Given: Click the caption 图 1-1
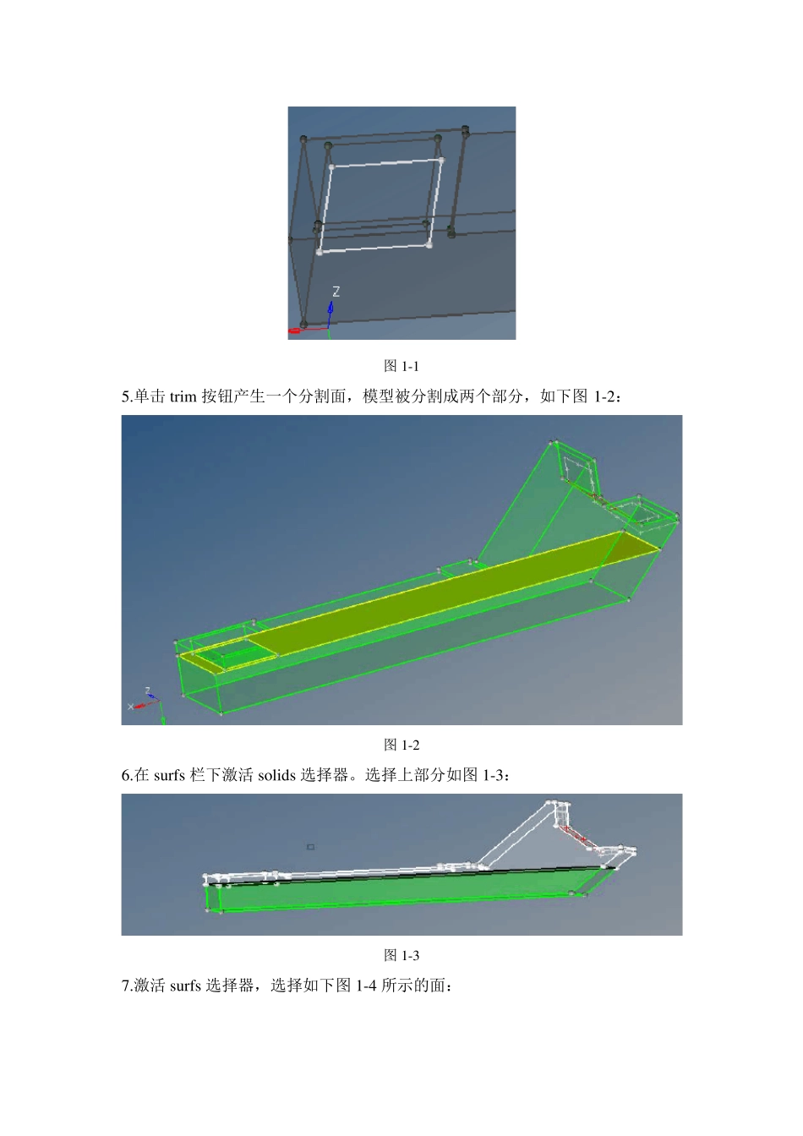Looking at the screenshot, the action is (401, 366).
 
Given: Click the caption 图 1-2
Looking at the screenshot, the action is (401, 745).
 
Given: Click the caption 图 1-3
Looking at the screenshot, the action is (401, 955).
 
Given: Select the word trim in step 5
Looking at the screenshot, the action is (183, 396).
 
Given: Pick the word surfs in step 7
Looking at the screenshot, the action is (185, 986).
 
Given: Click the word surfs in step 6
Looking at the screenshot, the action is (169, 775).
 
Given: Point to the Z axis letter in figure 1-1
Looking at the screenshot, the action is (336, 292).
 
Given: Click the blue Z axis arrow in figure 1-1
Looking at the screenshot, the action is (330, 314).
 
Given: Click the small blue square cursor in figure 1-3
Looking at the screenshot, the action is (310, 846).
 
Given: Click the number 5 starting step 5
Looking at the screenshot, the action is (125, 396).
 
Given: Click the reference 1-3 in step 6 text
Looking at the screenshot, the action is (493, 775).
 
